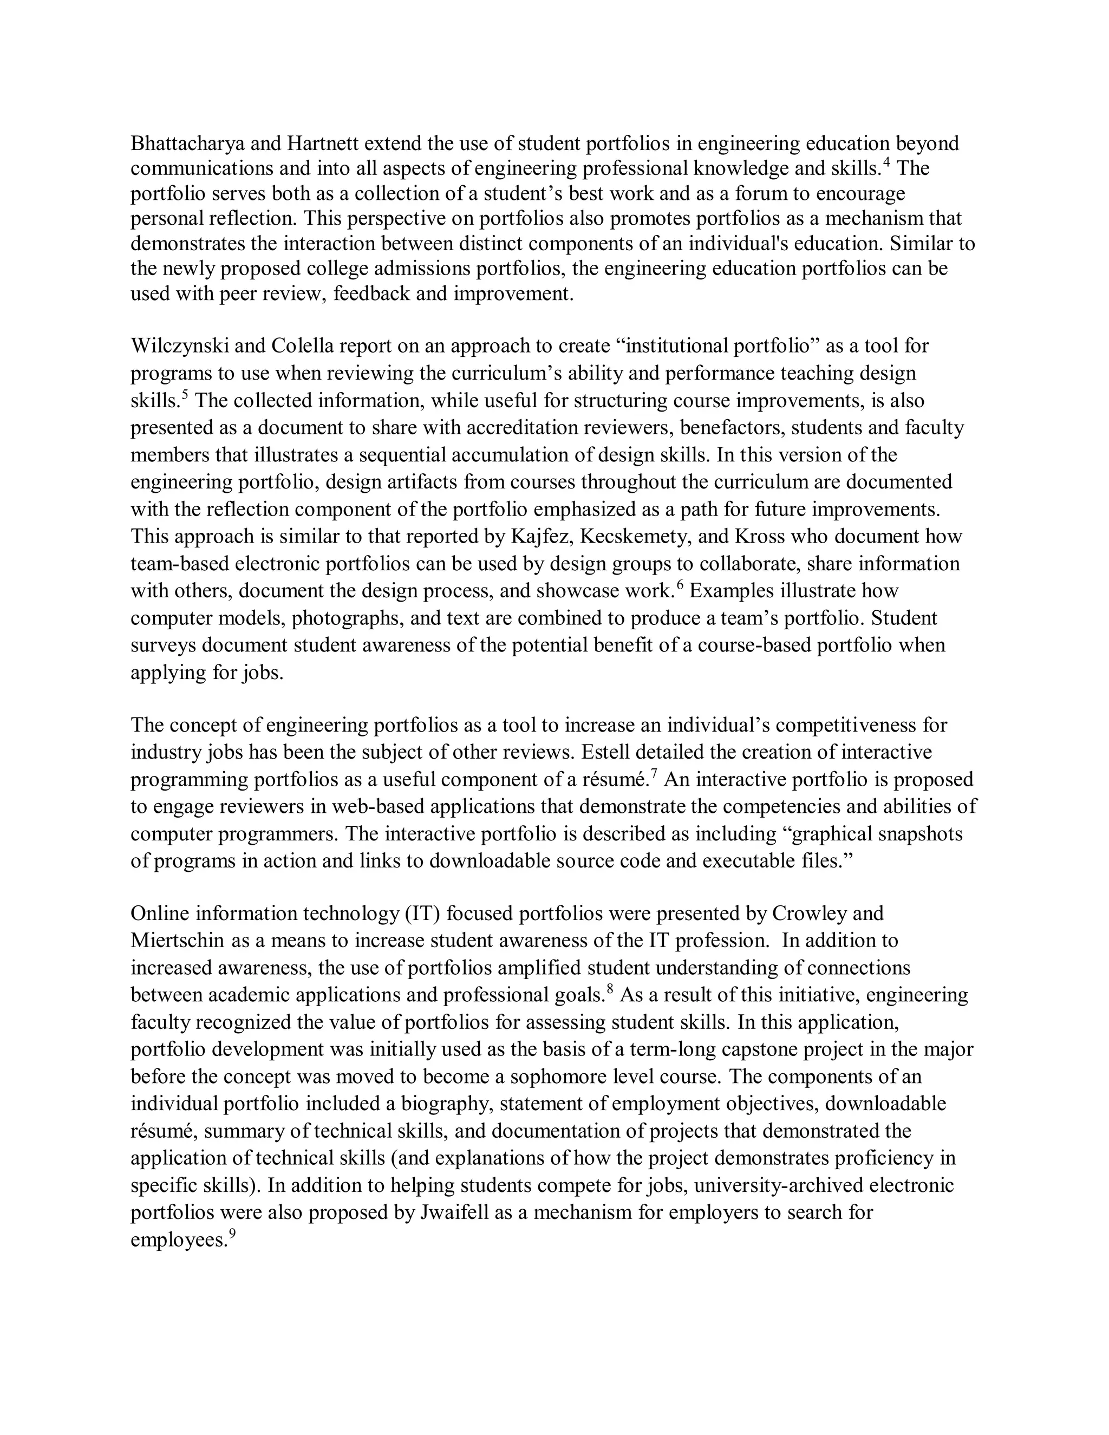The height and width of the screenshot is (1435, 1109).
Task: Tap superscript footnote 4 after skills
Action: tap(886, 163)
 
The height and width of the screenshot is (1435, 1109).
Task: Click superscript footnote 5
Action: tap(185, 395)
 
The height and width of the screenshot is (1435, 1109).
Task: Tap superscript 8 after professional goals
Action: tap(610, 989)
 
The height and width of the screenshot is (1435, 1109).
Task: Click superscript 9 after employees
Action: tap(231, 1233)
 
